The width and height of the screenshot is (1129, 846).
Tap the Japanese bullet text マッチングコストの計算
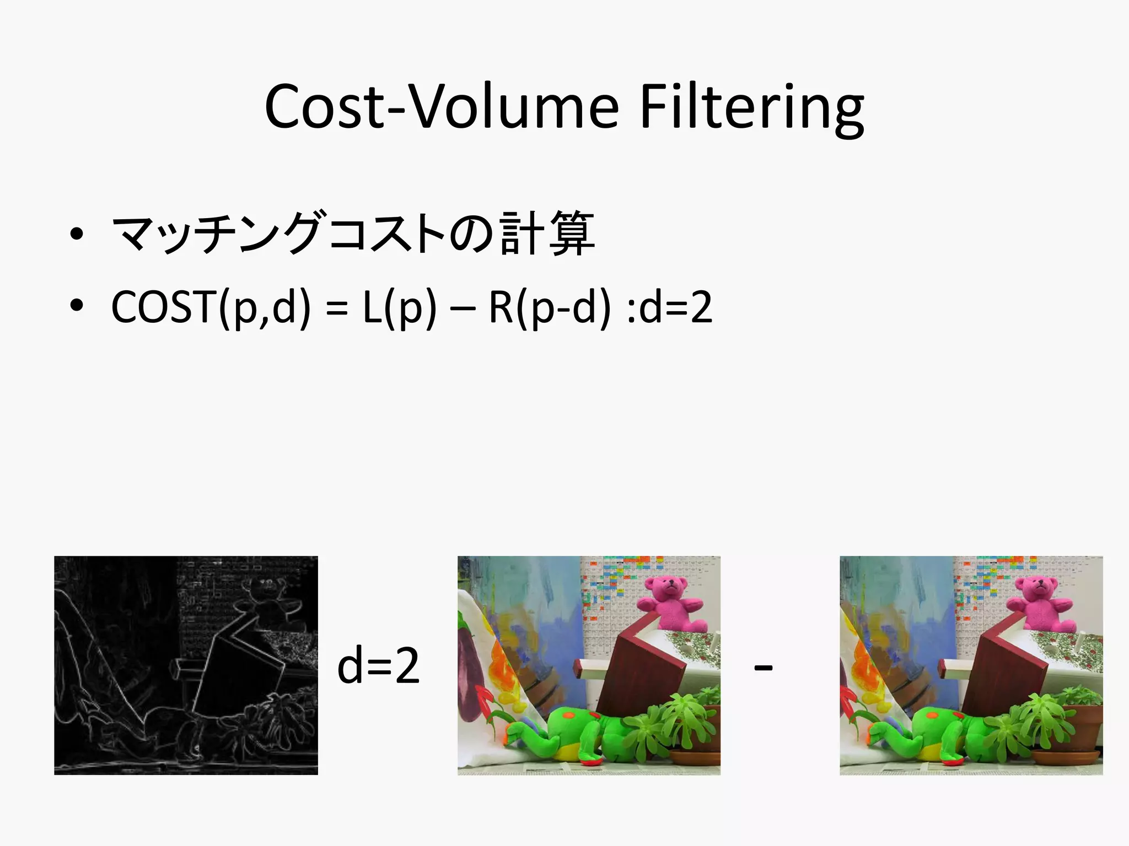pyautogui.click(x=353, y=234)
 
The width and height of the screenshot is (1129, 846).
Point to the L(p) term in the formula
pyautogui.click(x=400, y=307)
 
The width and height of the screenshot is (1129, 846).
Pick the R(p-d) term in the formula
pyautogui.click(x=550, y=307)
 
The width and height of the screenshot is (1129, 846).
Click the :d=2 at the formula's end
pyautogui.click(x=669, y=307)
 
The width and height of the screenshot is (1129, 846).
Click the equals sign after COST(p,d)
pyautogui.click(x=336, y=308)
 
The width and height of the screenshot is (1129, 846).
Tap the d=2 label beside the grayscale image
pyautogui.click(x=378, y=666)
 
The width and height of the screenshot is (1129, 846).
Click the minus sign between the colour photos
pyautogui.click(x=763, y=668)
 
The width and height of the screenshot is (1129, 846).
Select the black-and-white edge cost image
pyautogui.click(x=186, y=665)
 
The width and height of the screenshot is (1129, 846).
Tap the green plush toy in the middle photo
pyautogui.click(x=576, y=733)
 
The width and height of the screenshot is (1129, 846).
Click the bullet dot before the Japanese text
pyautogui.click(x=77, y=234)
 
